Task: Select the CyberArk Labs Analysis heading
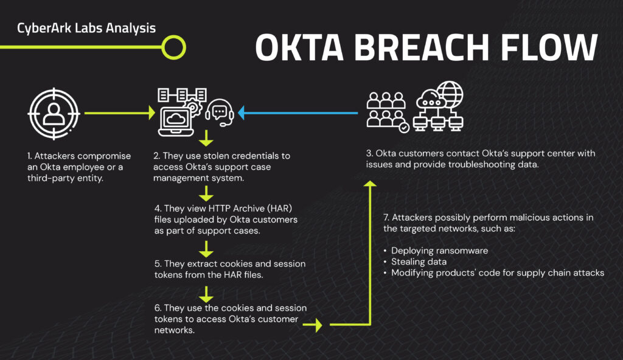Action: pyautogui.click(x=86, y=28)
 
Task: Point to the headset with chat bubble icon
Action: pyautogui.click(x=220, y=113)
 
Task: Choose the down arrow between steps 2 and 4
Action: pyautogui.click(x=207, y=137)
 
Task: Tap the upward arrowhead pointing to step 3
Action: pyautogui.click(x=369, y=184)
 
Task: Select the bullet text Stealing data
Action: pyautogui.click(x=419, y=261)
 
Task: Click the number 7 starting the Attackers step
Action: pyautogui.click(x=386, y=218)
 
